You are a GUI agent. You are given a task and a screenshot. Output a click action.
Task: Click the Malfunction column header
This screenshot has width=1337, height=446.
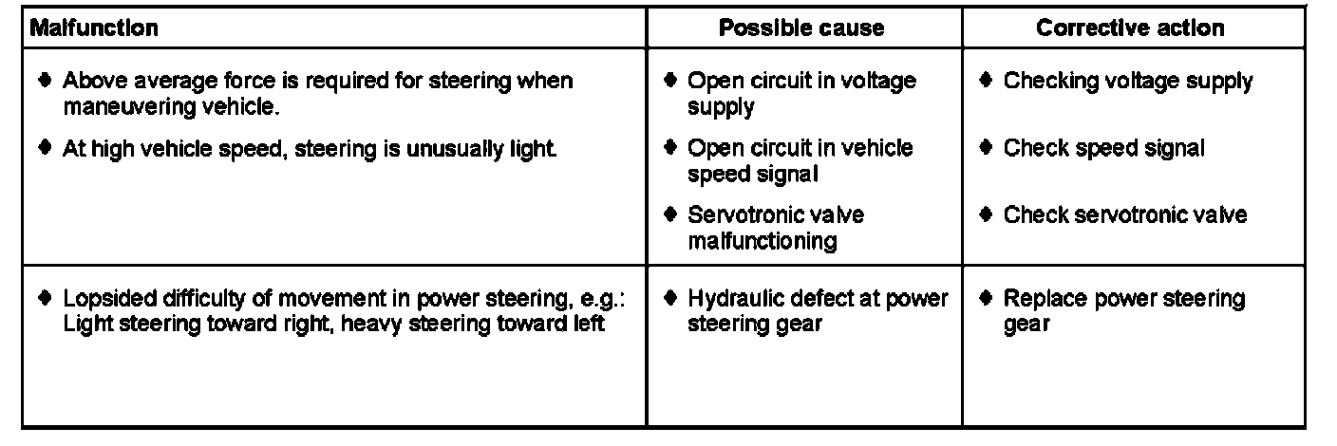[x=94, y=28]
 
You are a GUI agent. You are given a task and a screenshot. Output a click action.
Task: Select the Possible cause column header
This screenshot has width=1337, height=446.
[x=800, y=28]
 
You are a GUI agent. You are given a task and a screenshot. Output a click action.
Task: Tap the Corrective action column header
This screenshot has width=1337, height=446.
[x=1130, y=28]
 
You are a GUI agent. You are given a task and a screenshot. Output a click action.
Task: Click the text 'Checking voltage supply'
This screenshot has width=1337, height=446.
[x=1127, y=82]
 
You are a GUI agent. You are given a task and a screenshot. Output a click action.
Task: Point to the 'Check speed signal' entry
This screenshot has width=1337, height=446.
[x=1103, y=149]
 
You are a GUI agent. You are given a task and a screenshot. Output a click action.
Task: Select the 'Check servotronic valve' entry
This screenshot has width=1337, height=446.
[x=1124, y=215]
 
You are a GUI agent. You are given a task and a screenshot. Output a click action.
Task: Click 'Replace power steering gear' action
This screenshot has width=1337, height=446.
[x=1123, y=311]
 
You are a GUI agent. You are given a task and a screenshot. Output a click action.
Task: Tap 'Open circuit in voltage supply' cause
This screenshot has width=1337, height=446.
[x=801, y=93]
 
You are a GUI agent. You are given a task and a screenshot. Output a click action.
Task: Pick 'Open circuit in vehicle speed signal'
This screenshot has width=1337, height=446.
[x=800, y=160]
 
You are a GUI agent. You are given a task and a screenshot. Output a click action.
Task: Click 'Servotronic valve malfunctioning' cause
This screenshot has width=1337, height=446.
[x=776, y=228]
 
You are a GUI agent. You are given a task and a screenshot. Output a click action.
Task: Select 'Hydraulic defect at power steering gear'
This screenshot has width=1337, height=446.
[x=817, y=311]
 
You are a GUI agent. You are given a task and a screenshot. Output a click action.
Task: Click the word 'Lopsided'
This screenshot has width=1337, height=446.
[x=103, y=300]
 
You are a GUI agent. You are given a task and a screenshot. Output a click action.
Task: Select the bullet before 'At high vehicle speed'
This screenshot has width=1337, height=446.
[x=46, y=149]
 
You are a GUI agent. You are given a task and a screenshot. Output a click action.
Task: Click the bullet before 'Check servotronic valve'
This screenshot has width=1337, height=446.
[x=987, y=215]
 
